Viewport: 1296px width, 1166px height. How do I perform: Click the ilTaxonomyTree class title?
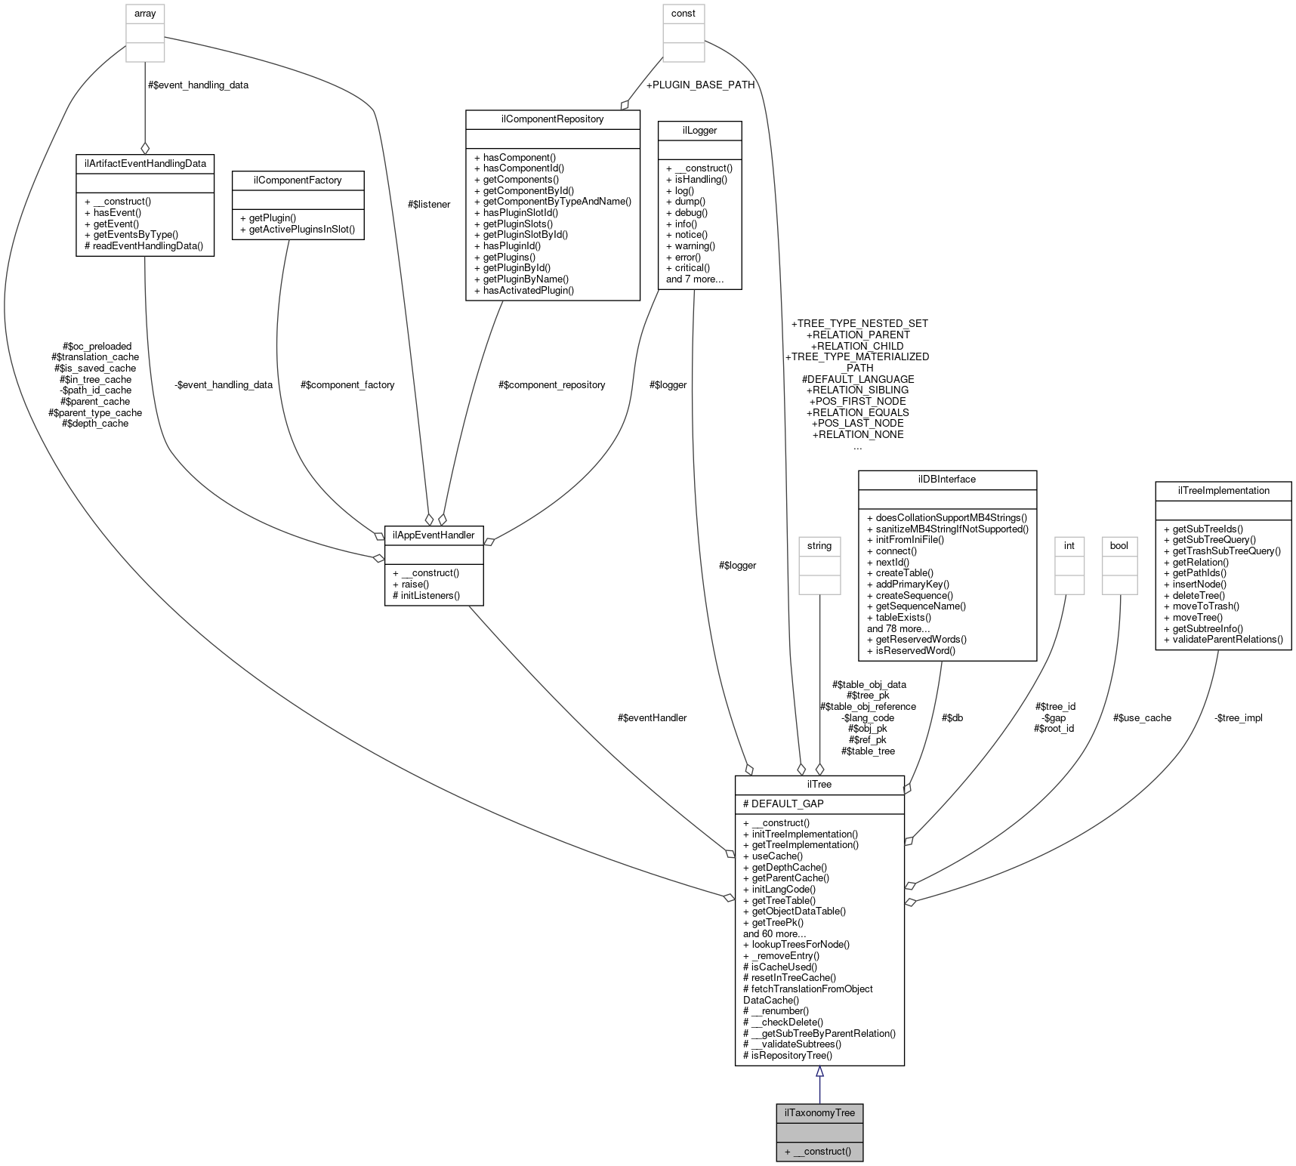click(x=819, y=1112)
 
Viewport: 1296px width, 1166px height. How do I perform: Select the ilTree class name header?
click(x=819, y=785)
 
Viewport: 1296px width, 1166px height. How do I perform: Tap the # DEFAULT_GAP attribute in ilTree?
click(x=783, y=804)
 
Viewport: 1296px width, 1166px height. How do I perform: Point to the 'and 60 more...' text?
click(x=774, y=933)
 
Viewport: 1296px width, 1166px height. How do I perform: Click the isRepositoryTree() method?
click(x=787, y=1055)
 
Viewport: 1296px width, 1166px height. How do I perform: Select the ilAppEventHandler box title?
click(x=434, y=535)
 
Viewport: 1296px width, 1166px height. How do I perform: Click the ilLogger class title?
click(x=699, y=131)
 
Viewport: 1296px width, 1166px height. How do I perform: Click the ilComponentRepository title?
click(x=553, y=119)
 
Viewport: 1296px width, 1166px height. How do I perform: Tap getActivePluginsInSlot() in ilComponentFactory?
click(x=297, y=229)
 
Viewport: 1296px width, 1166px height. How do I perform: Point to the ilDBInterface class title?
click(x=947, y=480)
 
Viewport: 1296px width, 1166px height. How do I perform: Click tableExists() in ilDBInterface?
click(x=899, y=617)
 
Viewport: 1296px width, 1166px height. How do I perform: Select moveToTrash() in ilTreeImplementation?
click(x=1201, y=606)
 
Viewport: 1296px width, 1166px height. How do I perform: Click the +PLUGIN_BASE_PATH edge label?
click(x=700, y=85)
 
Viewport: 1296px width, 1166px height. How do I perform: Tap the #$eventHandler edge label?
click(x=652, y=717)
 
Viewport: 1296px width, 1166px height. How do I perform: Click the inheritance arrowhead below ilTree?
click(x=819, y=1072)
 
